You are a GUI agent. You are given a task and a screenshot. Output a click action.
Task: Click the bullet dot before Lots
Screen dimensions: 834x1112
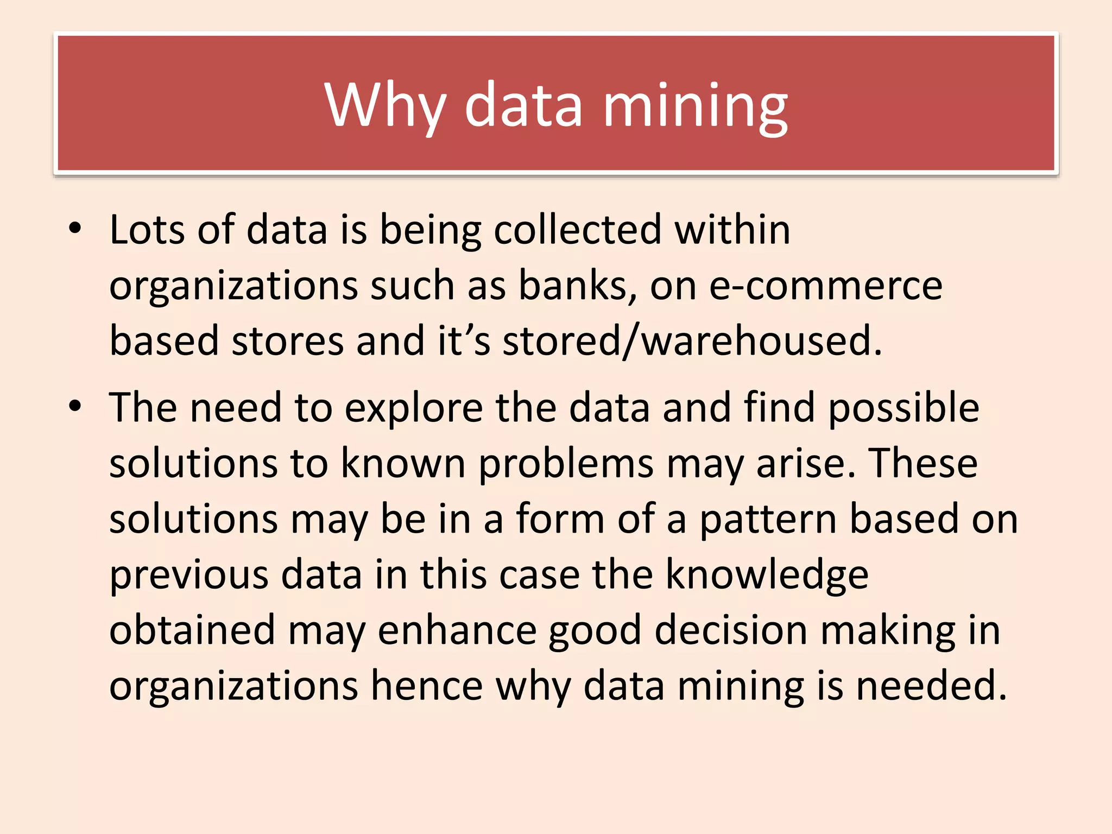(x=75, y=229)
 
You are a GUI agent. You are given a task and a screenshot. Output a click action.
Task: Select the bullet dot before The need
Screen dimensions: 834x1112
(x=75, y=406)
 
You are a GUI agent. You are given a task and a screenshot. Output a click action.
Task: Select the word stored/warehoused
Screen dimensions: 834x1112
(x=692, y=341)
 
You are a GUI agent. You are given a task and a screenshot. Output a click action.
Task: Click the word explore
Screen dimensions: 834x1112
(x=414, y=408)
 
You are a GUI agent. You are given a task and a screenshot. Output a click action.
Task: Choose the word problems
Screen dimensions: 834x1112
(x=566, y=464)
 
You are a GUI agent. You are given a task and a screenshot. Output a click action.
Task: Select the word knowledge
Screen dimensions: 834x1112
(x=767, y=575)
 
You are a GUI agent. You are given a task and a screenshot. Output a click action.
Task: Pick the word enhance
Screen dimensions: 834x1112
(x=457, y=630)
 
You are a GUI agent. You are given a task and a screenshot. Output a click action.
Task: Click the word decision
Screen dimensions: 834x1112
(x=731, y=630)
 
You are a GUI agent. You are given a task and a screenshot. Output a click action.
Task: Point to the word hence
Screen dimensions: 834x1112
(x=427, y=686)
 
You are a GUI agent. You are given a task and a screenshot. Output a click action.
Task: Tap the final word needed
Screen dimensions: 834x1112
(x=931, y=686)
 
